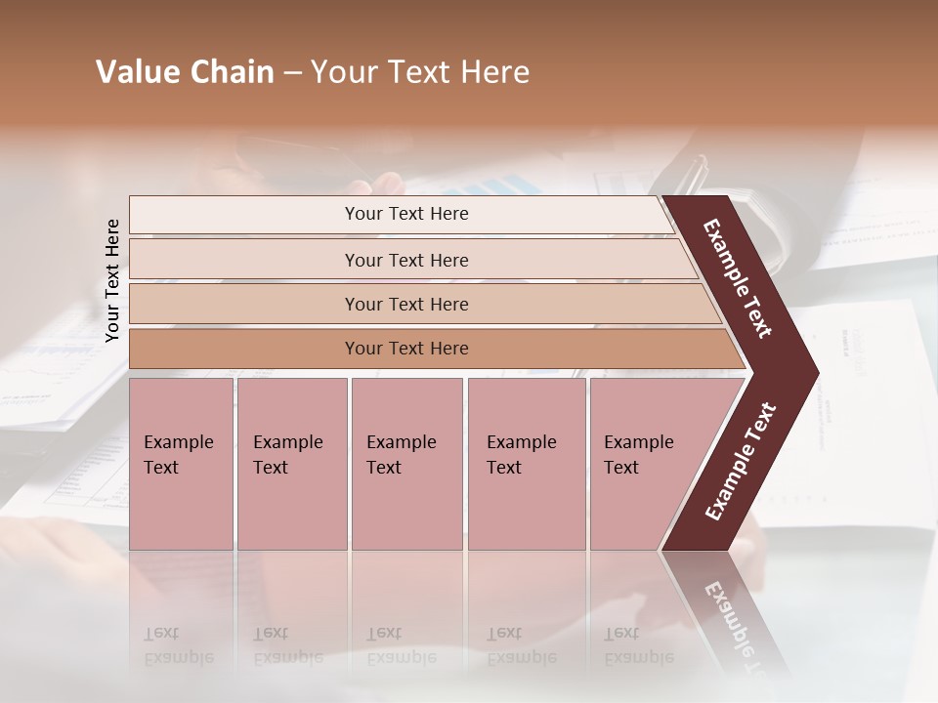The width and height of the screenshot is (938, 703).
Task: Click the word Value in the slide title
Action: click(134, 72)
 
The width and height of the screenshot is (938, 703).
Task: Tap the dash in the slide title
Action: click(292, 73)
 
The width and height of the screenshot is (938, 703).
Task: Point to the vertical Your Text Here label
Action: click(112, 280)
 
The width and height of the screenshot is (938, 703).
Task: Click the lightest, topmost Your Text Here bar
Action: click(405, 214)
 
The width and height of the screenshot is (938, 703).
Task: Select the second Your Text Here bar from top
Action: click(405, 260)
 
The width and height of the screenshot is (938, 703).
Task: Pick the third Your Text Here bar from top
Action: click(405, 304)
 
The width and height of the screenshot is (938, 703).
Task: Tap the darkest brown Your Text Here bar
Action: click(405, 349)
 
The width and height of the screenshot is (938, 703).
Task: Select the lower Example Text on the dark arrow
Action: click(740, 462)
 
